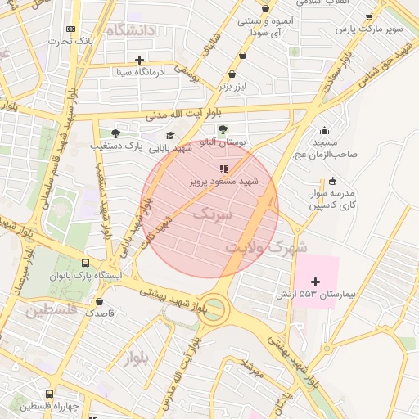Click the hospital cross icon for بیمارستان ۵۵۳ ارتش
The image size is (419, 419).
pos(316,281)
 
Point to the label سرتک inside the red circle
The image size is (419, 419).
pos(213,213)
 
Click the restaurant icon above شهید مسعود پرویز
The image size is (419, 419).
pos(224,169)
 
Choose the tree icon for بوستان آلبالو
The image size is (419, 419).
pos(223,129)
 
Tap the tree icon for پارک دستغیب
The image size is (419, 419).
pos(115,133)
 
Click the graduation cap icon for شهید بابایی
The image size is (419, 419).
pos(170,135)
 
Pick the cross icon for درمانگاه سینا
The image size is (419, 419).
pos(139,59)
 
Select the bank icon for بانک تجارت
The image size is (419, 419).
pos(70,29)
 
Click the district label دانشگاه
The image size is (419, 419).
pos(136,31)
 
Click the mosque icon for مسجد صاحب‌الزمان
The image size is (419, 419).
pos(325,130)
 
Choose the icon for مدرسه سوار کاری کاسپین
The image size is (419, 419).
pos(331,182)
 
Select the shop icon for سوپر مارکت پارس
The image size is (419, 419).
pos(369,16)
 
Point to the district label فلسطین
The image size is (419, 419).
pos(51,311)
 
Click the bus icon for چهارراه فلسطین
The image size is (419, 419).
pos(49,394)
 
